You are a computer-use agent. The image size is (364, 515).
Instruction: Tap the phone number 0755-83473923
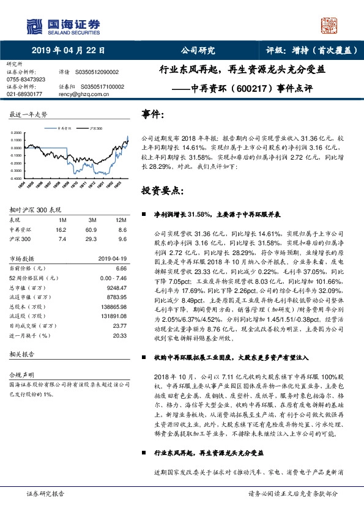pos(26,80)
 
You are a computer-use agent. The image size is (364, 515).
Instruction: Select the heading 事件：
pos(153,114)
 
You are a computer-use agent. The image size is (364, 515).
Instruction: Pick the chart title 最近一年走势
pos(28,114)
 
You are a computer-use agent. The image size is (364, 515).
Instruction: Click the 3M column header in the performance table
pos(92,219)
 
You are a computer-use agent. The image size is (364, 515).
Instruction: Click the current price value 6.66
pos(121,268)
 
